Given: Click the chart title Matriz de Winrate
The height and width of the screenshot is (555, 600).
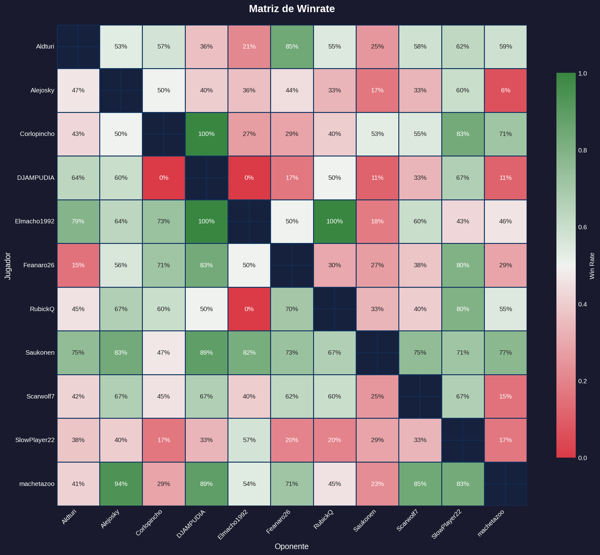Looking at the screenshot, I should pyautogui.click(x=292, y=9).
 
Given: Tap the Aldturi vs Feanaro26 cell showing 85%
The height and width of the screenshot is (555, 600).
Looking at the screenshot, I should pyautogui.click(x=292, y=47).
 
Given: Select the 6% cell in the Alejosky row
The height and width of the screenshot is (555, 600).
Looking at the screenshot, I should pyautogui.click(x=505, y=90).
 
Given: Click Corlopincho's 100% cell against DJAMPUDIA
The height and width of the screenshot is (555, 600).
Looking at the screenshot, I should pyautogui.click(x=206, y=134).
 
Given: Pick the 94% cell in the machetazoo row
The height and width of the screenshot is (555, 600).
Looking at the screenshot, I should pyautogui.click(x=121, y=484).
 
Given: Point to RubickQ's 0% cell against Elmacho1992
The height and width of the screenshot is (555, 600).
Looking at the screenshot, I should pyautogui.click(x=249, y=309).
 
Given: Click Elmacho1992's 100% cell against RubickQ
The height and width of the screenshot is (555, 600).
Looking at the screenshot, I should pyautogui.click(x=335, y=222).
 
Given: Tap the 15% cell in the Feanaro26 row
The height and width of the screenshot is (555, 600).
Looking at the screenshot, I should pyautogui.click(x=78, y=265).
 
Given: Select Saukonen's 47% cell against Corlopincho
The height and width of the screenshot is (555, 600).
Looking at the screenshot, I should pyautogui.click(x=163, y=352).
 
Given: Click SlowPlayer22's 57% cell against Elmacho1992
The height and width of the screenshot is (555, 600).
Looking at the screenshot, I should pyautogui.click(x=249, y=440).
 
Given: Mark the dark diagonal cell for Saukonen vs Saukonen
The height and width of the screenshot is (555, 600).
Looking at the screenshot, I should pyautogui.click(x=377, y=352).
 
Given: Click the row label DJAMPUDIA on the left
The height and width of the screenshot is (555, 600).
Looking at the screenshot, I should pyautogui.click(x=35, y=178).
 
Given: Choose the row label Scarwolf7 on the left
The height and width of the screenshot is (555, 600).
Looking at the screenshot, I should pyautogui.click(x=40, y=396).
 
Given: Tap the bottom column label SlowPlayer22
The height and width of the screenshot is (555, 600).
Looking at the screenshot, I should pyautogui.click(x=446, y=524).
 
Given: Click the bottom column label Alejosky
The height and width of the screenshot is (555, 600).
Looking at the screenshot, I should pyautogui.click(x=110, y=519).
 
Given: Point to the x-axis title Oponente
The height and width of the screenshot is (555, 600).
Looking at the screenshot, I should pyautogui.click(x=292, y=546).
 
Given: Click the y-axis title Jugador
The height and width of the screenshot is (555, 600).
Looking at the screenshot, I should pyautogui.click(x=8, y=266).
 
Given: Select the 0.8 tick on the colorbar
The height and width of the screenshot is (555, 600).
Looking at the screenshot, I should pyautogui.click(x=582, y=150).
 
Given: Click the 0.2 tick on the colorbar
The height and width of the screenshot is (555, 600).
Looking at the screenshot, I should pyautogui.click(x=582, y=381).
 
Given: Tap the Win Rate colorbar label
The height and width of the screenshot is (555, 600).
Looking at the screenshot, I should pyautogui.click(x=592, y=266).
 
